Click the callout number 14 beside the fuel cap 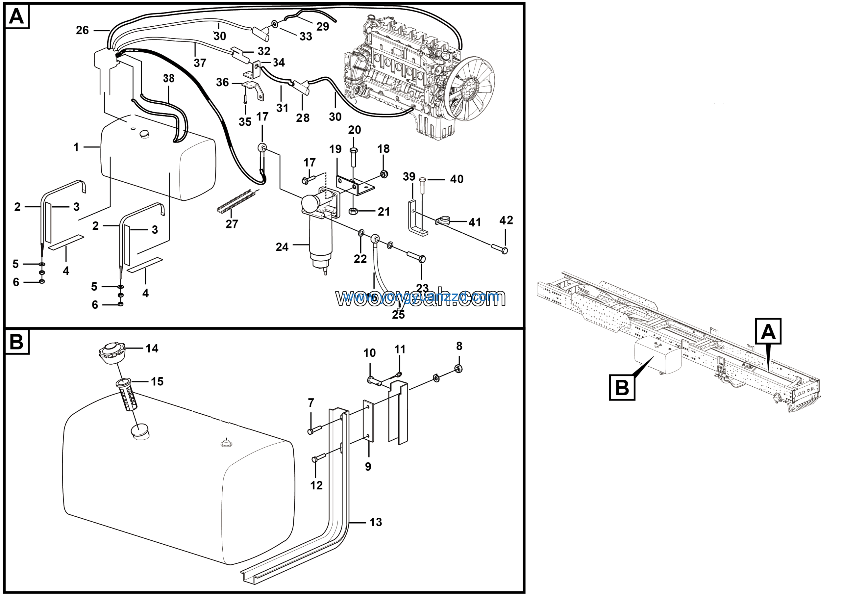click(x=152, y=348)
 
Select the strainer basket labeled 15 click(x=126, y=395)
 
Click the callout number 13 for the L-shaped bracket click(x=376, y=522)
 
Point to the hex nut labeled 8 click(x=458, y=368)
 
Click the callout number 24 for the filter click(x=282, y=247)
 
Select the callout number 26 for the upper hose click(x=82, y=30)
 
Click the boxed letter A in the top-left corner click(x=16, y=16)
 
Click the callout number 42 click(x=506, y=220)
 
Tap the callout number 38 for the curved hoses click(x=169, y=78)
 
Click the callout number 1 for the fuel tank click(x=76, y=147)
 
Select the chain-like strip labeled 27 click(x=235, y=202)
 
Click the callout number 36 click(x=222, y=82)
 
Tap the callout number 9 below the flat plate click(x=368, y=467)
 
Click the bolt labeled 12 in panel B click(x=319, y=458)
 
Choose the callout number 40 click(x=457, y=179)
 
